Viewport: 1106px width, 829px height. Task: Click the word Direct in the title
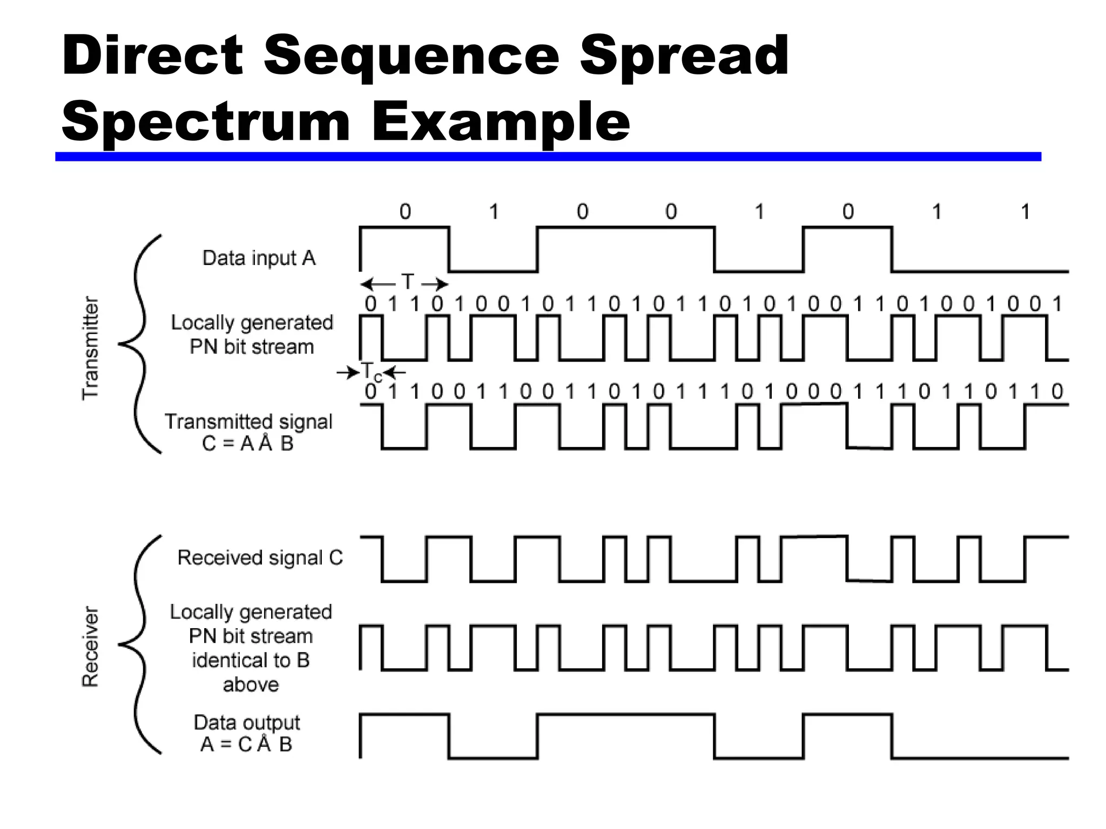pyautogui.click(x=153, y=55)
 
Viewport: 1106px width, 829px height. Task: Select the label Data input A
pyautogui.click(x=259, y=258)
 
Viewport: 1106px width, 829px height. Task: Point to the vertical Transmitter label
pyautogui.click(x=90, y=348)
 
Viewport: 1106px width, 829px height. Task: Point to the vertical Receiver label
pyautogui.click(x=90, y=647)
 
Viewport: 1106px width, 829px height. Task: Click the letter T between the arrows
pyautogui.click(x=407, y=282)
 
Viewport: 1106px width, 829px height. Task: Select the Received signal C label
pyautogui.click(x=260, y=558)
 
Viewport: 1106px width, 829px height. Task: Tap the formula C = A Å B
pyautogui.click(x=247, y=443)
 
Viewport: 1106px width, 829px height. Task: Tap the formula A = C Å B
pyautogui.click(x=246, y=744)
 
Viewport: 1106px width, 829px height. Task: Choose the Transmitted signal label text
pyautogui.click(x=248, y=422)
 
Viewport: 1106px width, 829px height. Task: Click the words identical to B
pyautogui.click(x=251, y=660)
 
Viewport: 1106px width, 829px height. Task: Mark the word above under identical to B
pyautogui.click(x=251, y=684)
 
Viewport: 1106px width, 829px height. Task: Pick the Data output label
pyautogui.click(x=247, y=722)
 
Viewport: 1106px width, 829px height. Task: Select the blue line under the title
pyautogui.click(x=548, y=157)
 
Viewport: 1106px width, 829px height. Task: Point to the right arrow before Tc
pyautogui.click(x=347, y=372)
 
